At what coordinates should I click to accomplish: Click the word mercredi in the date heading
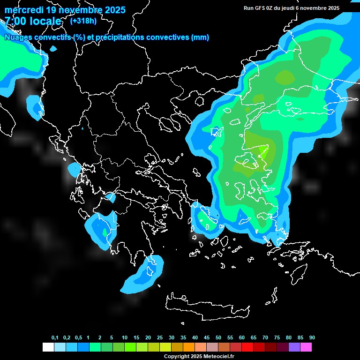24,10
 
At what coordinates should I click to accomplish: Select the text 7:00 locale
33,21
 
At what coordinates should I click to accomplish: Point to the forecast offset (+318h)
83,21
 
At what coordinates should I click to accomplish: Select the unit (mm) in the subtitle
200,37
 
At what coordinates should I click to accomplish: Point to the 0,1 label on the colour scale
55,338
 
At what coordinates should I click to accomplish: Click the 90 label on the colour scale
312,338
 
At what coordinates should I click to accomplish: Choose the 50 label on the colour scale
218,338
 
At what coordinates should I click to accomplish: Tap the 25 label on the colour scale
160,338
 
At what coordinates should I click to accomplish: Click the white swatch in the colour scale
48,347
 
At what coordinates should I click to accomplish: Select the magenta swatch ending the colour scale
306,347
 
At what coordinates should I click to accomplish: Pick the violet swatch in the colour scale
294,347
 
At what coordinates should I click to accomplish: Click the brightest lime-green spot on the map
263,150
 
